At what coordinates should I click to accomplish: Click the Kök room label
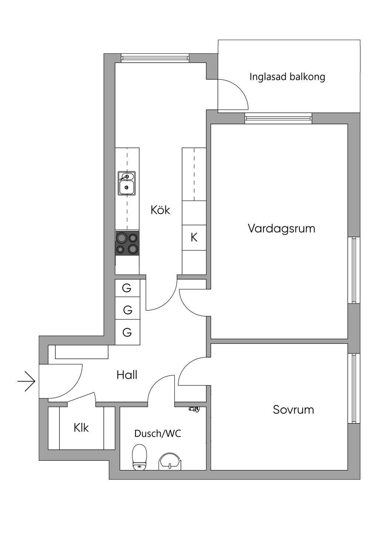(160, 210)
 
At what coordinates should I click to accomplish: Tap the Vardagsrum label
(281, 228)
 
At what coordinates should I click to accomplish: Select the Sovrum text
(293, 410)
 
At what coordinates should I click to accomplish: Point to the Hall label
(127, 375)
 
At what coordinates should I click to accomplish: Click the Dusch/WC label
(158, 433)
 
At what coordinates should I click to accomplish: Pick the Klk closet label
(81, 427)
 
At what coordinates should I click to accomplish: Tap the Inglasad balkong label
(287, 77)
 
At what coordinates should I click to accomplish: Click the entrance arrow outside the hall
(27, 381)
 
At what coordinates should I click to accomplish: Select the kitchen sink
(127, 183)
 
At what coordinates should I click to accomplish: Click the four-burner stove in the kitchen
(127, 243)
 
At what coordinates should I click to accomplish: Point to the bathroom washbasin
(170, 461)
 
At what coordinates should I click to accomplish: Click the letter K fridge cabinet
(194, 238)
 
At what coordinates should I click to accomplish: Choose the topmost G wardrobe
(127, 288)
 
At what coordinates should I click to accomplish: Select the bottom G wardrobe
(127, 332)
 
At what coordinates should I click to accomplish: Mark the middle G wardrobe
(127, 309)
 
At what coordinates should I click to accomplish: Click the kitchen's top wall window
(155, 58)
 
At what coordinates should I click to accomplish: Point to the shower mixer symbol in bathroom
(194, 409)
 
